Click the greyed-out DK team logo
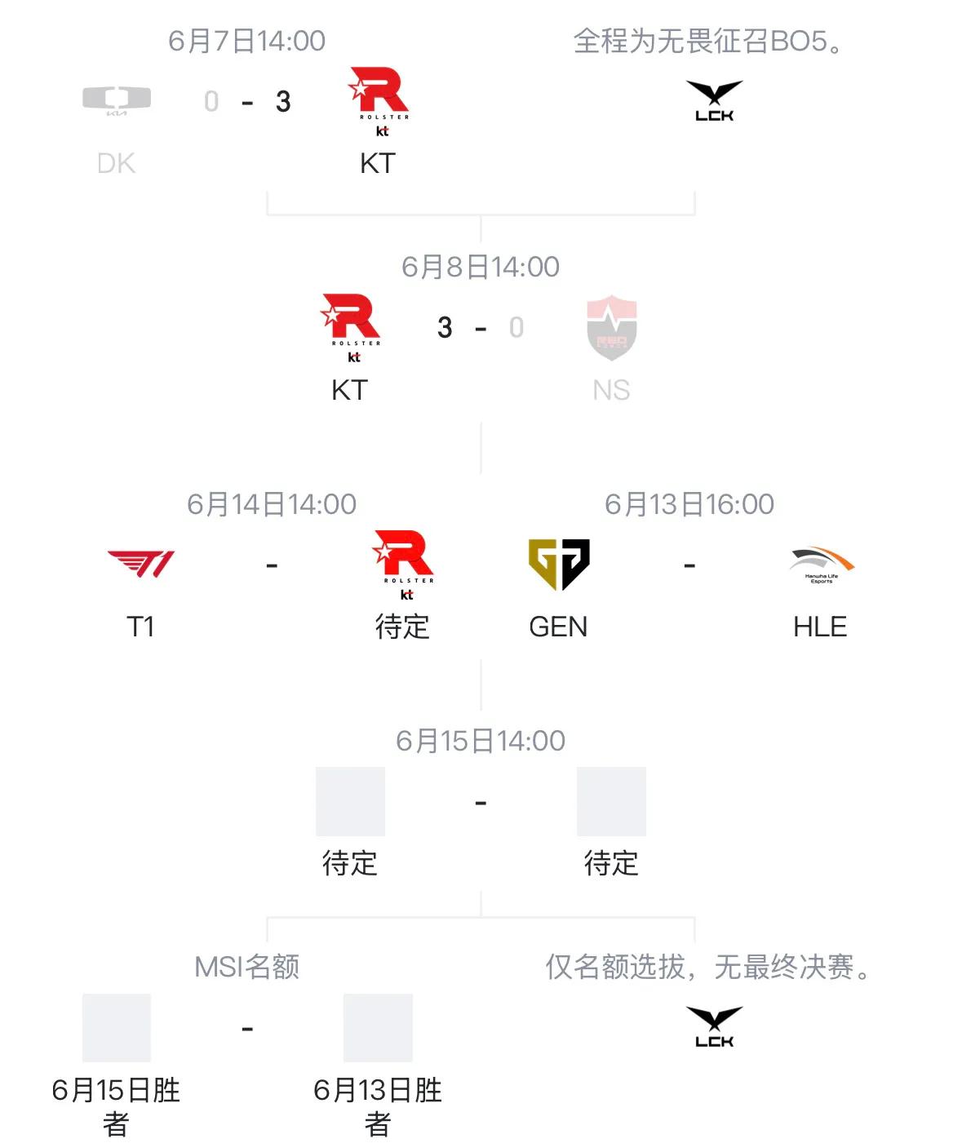click(117, 100)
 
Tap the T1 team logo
click(140, 564)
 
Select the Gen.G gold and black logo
click(558, 564)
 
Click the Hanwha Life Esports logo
click(821, 565)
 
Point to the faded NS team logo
click(612, 327)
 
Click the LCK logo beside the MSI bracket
click(714, 1026)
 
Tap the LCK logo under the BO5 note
click(714, 100)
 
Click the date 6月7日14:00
click(247, 41)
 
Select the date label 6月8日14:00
click(480, 267)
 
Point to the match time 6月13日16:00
click(689, 504)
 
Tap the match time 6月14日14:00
click(272, 504)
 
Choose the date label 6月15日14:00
click(480, 742)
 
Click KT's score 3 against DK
click(283, 101)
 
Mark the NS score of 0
click(516, 327)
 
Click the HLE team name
click(820, 627)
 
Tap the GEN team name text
click(558, 627)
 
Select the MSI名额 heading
click(247, 967)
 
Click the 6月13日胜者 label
click(378, 1107)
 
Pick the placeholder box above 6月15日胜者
click(117, 1027)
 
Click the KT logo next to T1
click(403, 565)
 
